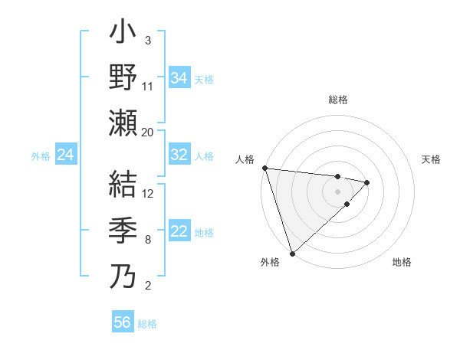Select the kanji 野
(123, 77)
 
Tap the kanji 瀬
(123, 122)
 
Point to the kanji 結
(123, 185)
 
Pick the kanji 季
(123, 230)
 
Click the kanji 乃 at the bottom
(123, 275)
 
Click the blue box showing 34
(179, 77)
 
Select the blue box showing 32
(179, 155)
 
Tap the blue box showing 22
(179, 231)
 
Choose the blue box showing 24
(66, 155)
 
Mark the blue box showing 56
(123, 322)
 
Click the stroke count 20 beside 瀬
(148, 132)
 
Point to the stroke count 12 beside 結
(148, 193)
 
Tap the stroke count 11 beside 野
(148, 86)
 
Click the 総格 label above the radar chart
(337, 100)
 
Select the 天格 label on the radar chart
(432, 159)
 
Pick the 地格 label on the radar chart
(402, 262)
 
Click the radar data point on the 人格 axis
(264, 168)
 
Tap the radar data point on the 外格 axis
(292, 252)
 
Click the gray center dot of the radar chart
(337, 190)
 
